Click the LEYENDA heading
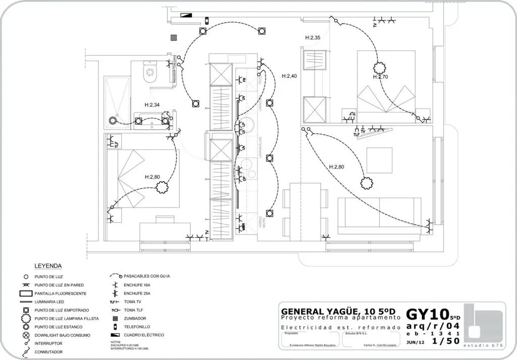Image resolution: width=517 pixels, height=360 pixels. [48, 266]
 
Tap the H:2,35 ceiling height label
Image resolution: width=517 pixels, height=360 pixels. [313, 38]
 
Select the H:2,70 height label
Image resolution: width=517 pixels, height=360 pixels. [381, 77]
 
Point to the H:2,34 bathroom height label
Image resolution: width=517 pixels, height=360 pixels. [152, 105]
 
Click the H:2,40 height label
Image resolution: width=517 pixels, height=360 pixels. [289, 76]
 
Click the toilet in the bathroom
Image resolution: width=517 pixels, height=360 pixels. [150, 73]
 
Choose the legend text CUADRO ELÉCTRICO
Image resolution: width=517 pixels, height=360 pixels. [144, 335]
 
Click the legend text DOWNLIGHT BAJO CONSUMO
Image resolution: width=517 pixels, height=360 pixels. [63, 335]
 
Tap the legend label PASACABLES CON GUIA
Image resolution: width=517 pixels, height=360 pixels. [147, 277]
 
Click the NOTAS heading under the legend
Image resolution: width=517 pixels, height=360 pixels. [116, 342]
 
